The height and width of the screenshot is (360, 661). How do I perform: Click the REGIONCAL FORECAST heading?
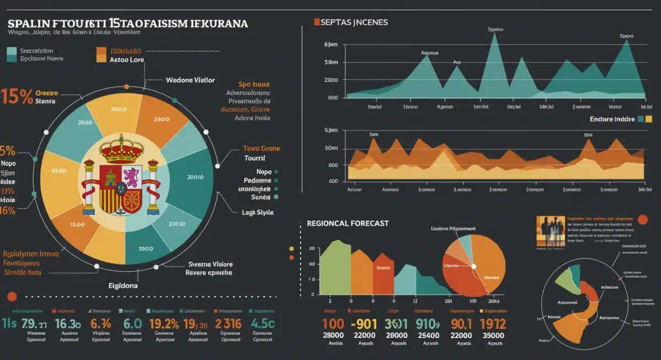[x=348, y=223]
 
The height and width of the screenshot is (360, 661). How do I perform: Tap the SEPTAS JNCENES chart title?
[x=354, y=23]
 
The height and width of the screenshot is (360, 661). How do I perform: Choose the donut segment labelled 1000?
[x=145, y=248]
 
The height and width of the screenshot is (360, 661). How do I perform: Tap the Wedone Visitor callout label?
[x=190, y=80]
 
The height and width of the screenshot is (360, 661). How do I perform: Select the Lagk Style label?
[x=257, y=212]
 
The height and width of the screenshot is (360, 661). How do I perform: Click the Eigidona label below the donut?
[x=123, y=286]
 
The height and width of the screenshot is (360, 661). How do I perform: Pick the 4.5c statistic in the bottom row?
[x=263, y=324]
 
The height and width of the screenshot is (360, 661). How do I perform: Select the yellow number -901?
[x=365, y=324]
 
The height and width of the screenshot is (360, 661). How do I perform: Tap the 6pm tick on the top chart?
[x=331, y=44]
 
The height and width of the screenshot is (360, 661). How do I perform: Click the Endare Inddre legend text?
[x=611, y=119]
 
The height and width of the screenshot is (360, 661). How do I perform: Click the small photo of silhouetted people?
[x=550, y=231]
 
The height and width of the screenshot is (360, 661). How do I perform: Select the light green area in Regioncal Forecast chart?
[x=335, y=270]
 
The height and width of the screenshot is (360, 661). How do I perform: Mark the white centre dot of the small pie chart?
[x=473, y=266]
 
